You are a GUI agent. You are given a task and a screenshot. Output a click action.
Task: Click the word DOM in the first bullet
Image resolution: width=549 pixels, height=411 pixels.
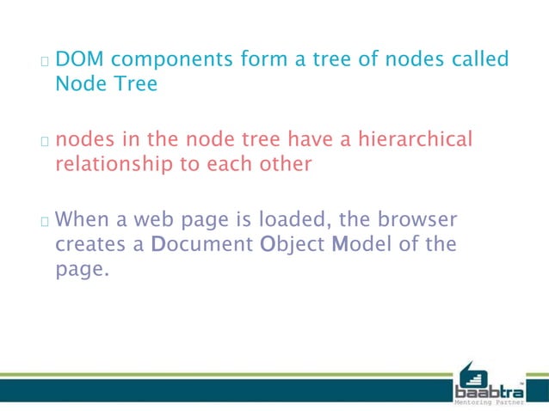80,60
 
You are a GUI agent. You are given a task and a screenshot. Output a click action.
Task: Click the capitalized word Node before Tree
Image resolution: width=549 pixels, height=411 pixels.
78,84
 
